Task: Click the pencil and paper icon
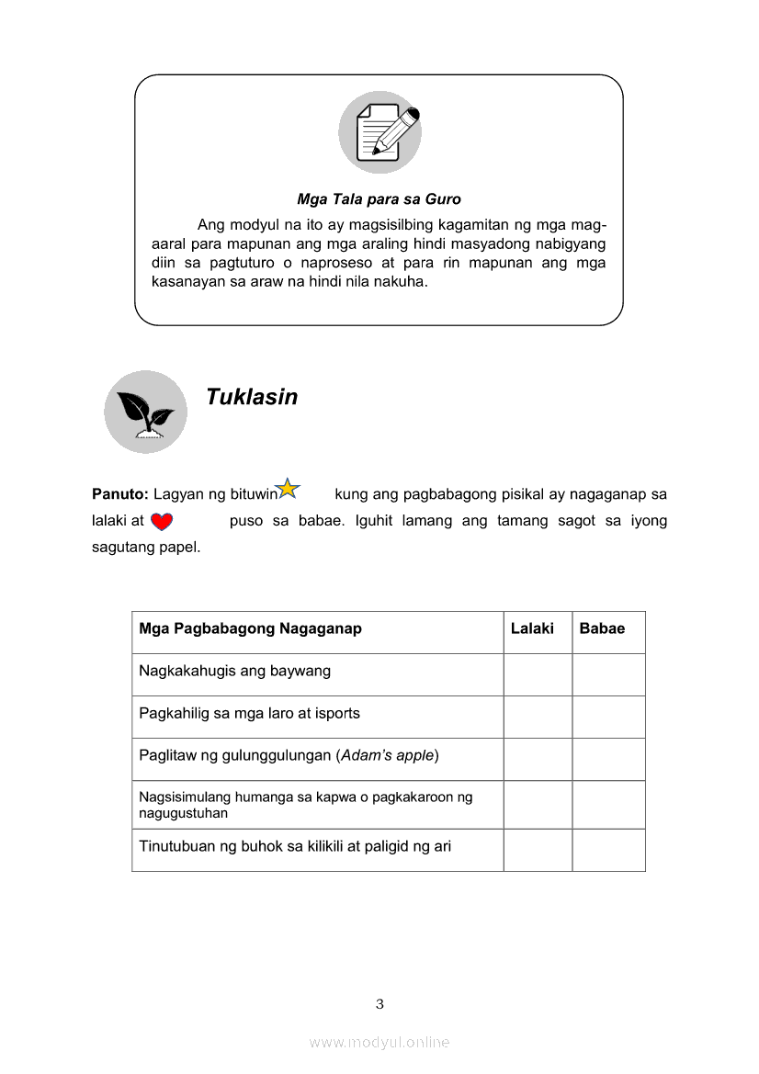(x=379, y=132)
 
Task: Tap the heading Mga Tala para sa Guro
(x=379, y=199)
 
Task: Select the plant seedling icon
(x=145, y=412)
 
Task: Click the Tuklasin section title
(x=252, y=397)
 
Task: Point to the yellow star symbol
(x=288, y=489)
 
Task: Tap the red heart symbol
(x=162, y=522)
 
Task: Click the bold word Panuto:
(x=120, y=494)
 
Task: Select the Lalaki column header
(x=532, y=629)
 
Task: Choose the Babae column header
(x=602, y=629)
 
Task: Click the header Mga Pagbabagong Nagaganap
(x=250, y=629)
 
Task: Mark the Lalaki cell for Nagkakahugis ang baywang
(x=538, y=674)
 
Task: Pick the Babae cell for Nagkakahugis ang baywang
(x=608, y=674)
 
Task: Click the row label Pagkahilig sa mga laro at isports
(x=249, y=713)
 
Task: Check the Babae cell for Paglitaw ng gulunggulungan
(x=608, y=759)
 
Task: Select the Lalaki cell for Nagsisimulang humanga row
(x=538, y=805)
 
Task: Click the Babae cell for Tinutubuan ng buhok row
(x=608, y=850)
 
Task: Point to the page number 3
(x=379, y=1004)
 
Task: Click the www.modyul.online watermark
(x=379, y=1042)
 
